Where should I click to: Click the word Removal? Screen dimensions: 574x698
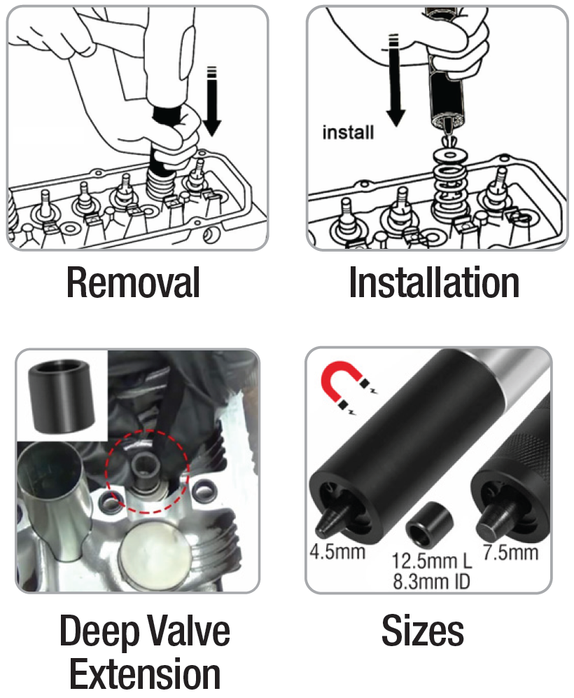tap(133, 282)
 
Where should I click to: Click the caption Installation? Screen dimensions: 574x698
tap(434, 282)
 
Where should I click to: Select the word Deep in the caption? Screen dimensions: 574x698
tap(96, 632)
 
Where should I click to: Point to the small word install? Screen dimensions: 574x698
tap(348, 132)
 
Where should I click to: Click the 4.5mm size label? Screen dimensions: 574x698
tap(337, 552)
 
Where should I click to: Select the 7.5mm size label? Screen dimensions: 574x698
tap(510, 552)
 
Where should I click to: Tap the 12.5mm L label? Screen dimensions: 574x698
tap(431, 561)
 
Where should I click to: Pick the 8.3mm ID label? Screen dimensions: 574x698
tap(431, 582)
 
